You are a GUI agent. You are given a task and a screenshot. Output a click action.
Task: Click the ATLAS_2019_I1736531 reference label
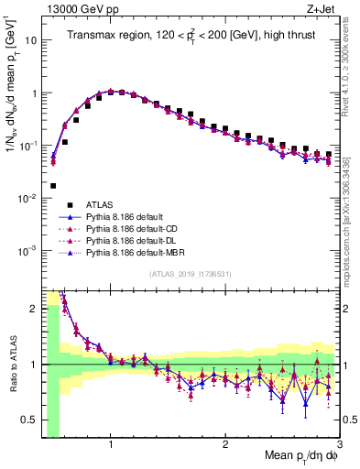click(190, 274)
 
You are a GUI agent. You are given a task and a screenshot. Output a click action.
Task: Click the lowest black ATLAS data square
click(53, 185)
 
